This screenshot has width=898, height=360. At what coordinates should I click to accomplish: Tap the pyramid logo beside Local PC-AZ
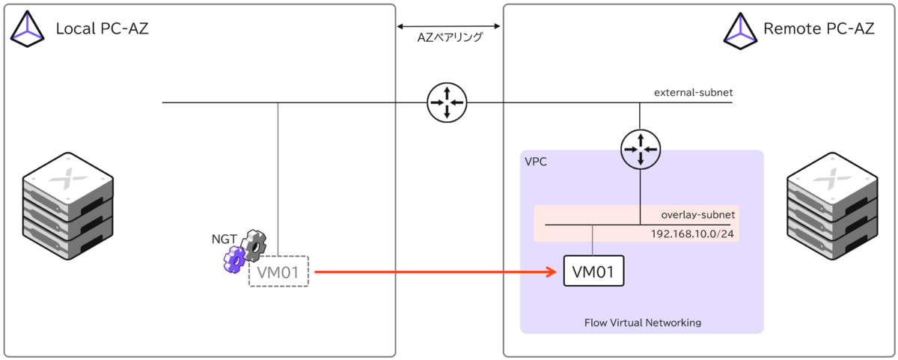click(28, 30)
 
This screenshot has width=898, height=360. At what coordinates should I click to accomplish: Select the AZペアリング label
click(449, 37)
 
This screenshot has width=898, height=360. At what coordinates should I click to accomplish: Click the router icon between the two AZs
click(447, 103)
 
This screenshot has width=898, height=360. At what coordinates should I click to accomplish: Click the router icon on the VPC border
click(640, 149)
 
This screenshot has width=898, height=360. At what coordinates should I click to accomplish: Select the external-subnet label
click(693, 93)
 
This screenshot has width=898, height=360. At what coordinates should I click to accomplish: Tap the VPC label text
click(536, 162)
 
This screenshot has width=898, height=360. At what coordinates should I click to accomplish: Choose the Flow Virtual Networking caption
click(642, 323)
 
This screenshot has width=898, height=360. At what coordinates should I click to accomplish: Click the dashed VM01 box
click(278, 272)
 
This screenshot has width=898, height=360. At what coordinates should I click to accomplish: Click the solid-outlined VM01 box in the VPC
click(593, 272)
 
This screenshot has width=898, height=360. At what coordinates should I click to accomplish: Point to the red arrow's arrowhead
click(554, 272)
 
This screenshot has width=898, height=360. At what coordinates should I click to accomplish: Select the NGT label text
click(224, 240)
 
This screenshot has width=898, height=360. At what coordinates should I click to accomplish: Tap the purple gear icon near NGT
click(234, 260)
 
